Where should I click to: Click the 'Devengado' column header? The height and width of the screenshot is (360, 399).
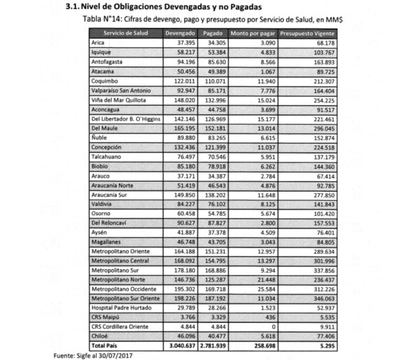coord(179,33)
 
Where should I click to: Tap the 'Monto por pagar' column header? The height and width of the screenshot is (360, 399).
coord(253,33)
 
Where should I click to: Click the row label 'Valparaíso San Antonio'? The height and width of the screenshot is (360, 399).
coord(121,91)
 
